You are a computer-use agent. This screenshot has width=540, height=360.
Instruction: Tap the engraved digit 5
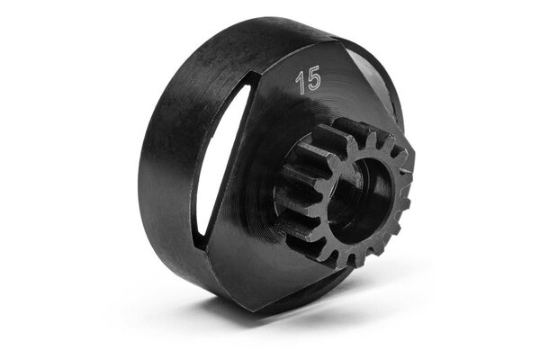point(313,78)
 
